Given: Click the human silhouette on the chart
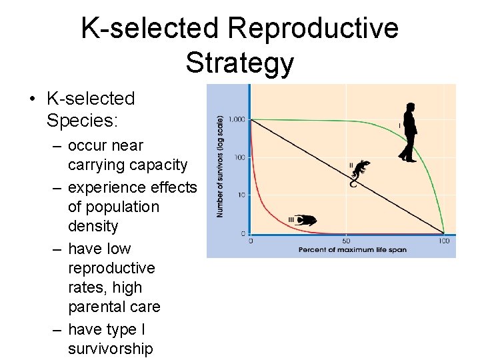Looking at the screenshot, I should pos(408,133).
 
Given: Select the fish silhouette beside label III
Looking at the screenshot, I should pos(307,219).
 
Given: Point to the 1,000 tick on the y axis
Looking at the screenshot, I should pos(237,119).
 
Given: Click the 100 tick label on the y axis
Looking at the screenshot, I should pos(239,157).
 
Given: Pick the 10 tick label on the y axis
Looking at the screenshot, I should pos(241,195).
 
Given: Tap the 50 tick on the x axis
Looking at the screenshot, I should pos(346,240).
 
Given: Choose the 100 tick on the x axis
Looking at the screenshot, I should pos(443,240).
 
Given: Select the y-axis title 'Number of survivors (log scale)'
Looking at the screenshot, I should pos(220,165).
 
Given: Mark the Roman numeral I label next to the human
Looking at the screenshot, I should pos(399,125).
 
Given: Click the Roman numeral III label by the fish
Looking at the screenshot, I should pos(291,219).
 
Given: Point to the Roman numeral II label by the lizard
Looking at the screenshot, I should pos(351,165).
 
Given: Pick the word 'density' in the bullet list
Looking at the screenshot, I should pos(93,226).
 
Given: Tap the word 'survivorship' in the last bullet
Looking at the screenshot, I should pos(110,349).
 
